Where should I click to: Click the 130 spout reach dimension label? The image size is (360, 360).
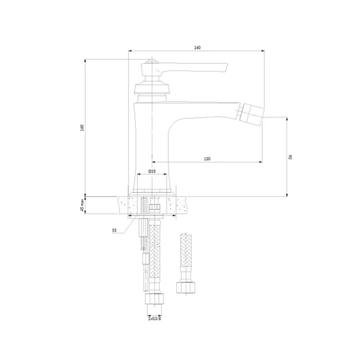[207, 159]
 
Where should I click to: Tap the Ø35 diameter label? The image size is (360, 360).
[152, 171]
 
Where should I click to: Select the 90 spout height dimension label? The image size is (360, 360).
[291, 157]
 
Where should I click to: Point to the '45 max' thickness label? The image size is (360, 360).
[82, 205]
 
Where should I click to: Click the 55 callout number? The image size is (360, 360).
[115, 230]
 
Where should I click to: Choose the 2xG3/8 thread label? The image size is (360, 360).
[155, 319]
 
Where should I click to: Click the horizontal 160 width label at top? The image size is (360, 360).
[197, 48]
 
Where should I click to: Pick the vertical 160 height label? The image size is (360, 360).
[82, 128]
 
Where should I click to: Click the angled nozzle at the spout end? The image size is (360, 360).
[251, 115]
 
